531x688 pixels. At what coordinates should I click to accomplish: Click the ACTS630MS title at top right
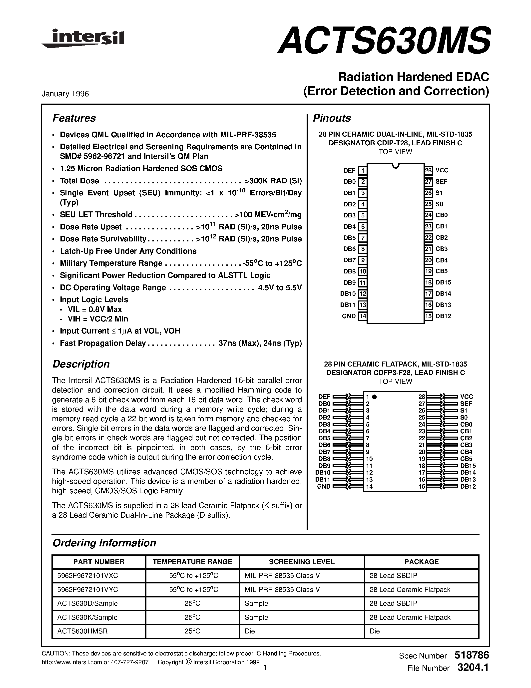click(384, 40)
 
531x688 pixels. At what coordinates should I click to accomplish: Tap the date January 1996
click(65, 94)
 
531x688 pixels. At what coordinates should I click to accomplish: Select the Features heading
click(74, 118)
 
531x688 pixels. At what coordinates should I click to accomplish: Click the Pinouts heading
click(332, 118)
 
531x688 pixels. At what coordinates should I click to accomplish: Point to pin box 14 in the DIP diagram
click(363, 316)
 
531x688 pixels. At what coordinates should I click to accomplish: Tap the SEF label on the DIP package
click(441, 181)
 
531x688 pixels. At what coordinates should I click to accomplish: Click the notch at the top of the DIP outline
click(396, 166)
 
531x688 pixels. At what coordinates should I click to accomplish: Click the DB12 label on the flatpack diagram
click(468, 486)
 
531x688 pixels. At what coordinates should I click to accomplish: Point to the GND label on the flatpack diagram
click(324, 486)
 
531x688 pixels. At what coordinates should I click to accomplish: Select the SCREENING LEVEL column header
click(301, 562)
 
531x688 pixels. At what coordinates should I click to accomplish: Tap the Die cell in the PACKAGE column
click(375, 631)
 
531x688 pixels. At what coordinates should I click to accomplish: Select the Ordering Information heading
click(104, 543)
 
